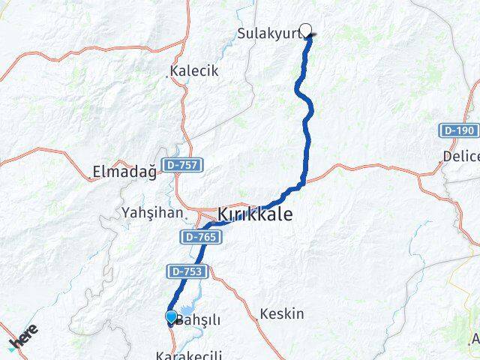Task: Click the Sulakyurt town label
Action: (x=268, y=33)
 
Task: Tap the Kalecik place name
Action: (x=195, y=71)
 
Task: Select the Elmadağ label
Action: (x=123, y=172)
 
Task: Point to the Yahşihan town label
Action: (x=151, y=213)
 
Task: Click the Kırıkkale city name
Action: (x=254, y=214)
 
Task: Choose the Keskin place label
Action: (x=282, y=313)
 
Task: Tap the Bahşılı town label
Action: (x=199, y=320)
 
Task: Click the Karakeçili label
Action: (x=184, y=353)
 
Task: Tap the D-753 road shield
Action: (x=184, y=271)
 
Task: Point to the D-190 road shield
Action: (x=457, y=130)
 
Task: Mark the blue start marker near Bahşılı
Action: (x=172, y=318)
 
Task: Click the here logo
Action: (x=22, y=337)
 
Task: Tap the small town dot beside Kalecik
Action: (x=167, y=74)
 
